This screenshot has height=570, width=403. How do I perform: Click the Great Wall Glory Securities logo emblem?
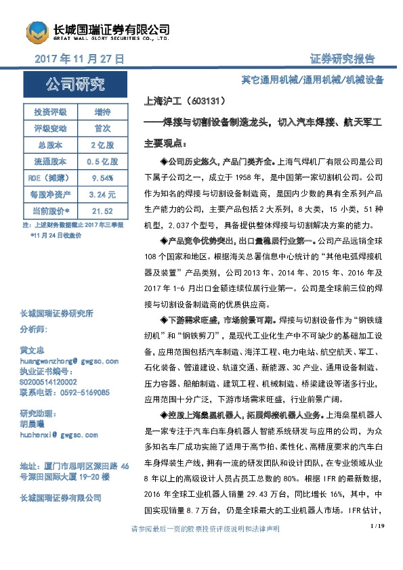(x=37, y=31)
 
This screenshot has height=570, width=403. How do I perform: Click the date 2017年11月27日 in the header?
(x=79, y=60)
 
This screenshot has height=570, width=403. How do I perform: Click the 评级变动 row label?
(x=50, y=128)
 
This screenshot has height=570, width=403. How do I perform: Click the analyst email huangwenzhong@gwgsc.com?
(x=69, y=361)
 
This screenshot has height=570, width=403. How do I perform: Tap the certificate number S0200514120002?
(x=54, y=382)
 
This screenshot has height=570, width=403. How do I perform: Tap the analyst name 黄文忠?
(x=33, y=351)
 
